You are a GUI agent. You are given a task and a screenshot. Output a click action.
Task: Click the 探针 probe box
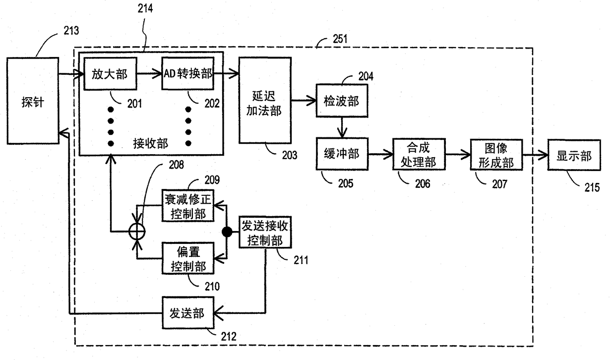[x=33, y=101]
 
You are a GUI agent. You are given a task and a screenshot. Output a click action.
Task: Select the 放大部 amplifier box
[x=110, y=73]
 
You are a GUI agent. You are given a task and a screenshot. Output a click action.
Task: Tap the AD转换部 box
[x=188, y=73]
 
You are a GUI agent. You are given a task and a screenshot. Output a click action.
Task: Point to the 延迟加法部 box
[x=265, y=100]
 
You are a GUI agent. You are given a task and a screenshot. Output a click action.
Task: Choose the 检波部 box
[x=342, y=101]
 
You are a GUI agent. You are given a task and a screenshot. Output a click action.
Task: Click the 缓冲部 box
[x=342, y=154]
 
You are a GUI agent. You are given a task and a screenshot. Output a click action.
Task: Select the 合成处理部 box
[x=419, y=154]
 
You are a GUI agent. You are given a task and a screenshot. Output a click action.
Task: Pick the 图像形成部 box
[x=496, y=155]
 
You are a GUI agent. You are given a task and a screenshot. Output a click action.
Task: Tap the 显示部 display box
[x=574, y=155]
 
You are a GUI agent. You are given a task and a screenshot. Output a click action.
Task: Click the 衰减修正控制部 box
[x=188, y=206]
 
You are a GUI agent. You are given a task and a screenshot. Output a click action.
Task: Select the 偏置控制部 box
[x=188, y=258]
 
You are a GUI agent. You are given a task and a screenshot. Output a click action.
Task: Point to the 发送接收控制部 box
[x=265, y=232]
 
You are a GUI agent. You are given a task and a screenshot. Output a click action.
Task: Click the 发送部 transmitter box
[x=188, y=312]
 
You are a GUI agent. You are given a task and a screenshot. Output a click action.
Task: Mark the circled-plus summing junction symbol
[x=137, y=232]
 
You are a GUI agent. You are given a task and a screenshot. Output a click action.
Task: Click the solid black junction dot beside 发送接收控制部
[x=227, y=232]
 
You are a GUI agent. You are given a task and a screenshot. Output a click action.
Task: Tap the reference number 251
[x=340, y=39]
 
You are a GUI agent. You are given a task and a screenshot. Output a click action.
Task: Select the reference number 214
[x=145, y=8]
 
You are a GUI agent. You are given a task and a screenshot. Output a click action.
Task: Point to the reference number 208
[x=176, y=165]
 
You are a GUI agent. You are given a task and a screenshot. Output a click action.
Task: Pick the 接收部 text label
[x=150, y=143]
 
